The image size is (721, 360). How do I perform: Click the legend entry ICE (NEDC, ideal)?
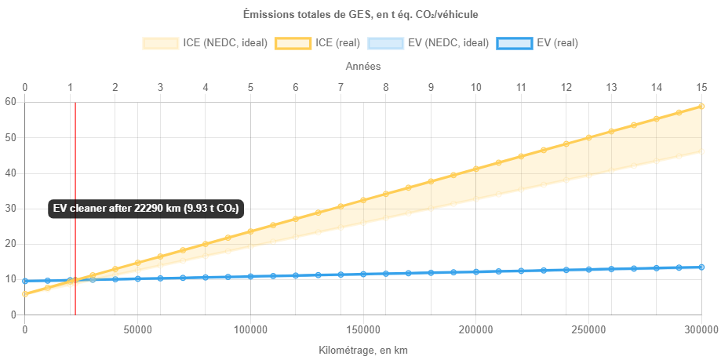tap(206, 43)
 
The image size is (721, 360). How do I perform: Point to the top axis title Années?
tap(363, 67)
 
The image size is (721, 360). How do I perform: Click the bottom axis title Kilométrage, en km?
tap(363, 350)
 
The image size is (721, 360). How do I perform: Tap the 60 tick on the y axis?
tap(11, 101)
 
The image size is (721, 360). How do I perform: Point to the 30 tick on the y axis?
tap(11, 208)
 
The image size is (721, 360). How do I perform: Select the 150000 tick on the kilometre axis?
tap(363, 329)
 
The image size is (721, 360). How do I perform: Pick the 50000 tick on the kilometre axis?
tap(137, 329)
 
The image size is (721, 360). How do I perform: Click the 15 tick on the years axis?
tap(702, 86)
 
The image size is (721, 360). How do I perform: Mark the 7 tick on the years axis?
tap(340, 86)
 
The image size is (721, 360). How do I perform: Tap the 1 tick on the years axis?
tap(71, 86)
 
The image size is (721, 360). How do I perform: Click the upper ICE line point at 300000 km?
tap(701, 107)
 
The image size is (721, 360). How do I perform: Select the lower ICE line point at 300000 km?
tap(701, 151)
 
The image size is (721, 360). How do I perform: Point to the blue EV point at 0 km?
tap(25, 281)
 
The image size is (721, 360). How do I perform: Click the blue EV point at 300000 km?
tap(701, 267)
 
